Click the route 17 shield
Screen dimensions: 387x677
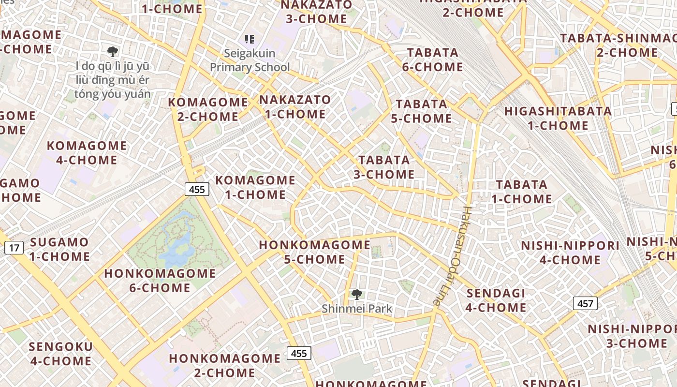click(x=15, y=248)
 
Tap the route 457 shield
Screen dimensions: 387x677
click(x=585, y=304)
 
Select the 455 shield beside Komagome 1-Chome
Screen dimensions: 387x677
click(x=197, y=189)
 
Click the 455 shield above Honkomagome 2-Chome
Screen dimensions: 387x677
click(x=299, y=353)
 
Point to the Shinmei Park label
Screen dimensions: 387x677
click(x=357, y=309)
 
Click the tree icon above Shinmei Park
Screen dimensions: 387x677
click(x=357, y=294)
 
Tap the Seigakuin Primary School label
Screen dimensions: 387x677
click(x=250, y=60)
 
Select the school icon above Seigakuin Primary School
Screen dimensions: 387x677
click(x=250, y=39)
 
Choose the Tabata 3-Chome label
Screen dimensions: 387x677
click(x=384, y=167)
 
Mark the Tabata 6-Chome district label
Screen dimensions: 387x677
click(x=432, y=60)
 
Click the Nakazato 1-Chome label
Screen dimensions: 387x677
click(x=295, y=107)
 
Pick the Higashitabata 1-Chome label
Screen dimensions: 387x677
click(x=558, y=119)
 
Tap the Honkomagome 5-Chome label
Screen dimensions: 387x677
click(x=314, y=252)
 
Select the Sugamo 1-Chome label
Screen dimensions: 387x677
click(x=59, y=249)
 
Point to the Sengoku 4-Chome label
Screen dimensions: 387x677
click(x=60, y=354)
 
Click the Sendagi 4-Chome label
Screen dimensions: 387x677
click(x=496, y=300)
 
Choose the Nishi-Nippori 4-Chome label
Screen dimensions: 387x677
click(x=570, y=253)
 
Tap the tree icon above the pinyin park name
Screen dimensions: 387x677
click(x=113, y=51)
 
